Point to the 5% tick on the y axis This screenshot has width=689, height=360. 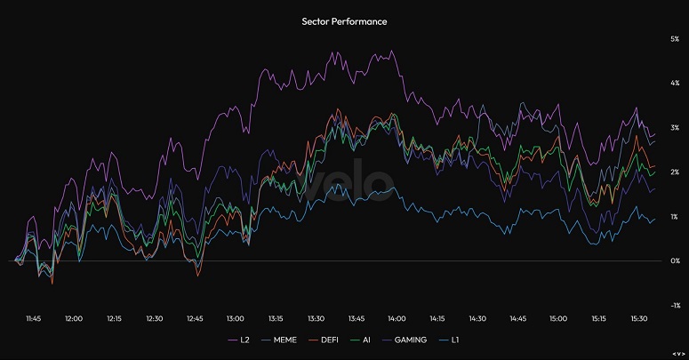click(x=675, y=39)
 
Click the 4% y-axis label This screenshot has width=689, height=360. click(x=675, y=84)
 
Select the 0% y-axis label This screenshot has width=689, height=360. click(x=675, y=261)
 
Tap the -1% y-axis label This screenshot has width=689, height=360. click(x=674, y=305)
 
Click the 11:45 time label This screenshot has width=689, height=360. click(x=33, y=318)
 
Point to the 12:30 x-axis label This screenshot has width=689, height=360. click(x=155, y=318)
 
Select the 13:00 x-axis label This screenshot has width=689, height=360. click(x=236, y=318)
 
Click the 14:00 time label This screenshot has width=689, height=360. click(x=397, y=318)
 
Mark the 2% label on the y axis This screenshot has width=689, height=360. click(x=675, y=172)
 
